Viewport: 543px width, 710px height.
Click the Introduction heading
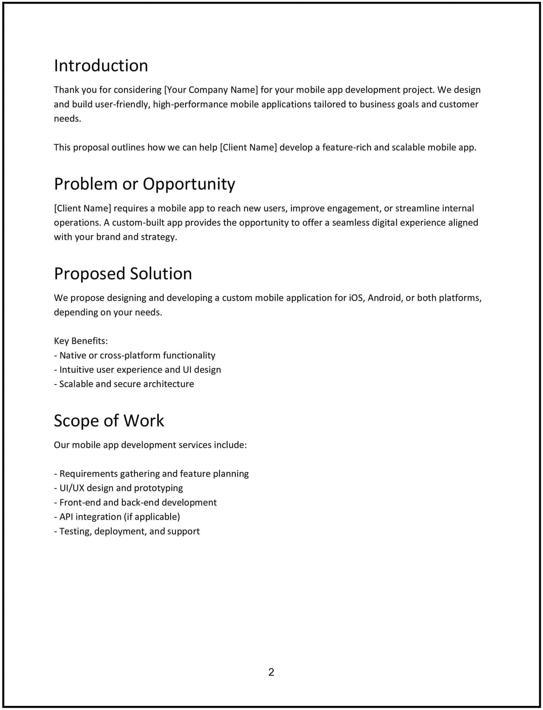(x=101, y=66)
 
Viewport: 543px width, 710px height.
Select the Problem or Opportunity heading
(x=144, y=184)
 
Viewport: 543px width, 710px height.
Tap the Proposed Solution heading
(x=123, y=274)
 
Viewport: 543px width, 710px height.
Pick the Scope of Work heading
(x=109, y=421)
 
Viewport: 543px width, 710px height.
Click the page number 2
(x=271, y=672)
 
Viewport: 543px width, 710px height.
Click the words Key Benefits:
(x=81, y=341)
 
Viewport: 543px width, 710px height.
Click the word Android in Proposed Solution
(x=385, y=298)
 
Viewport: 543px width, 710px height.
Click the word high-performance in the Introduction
(x=190, y=104)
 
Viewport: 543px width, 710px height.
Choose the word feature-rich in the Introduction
(x=346, y=148)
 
